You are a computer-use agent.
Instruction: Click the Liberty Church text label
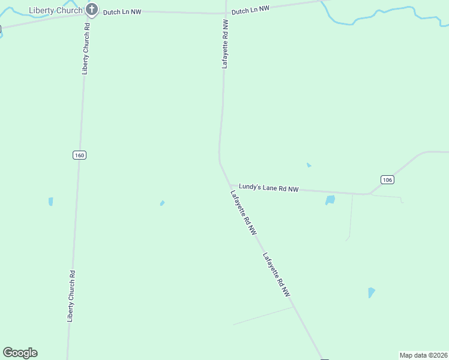pos(55,10)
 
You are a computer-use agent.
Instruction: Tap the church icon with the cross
pos(91,9)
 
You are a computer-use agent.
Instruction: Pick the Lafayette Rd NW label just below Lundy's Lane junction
pos(244,212)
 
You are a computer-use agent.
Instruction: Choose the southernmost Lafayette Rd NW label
pos(277,275)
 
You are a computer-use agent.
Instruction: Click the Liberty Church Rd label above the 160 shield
pos(86,49)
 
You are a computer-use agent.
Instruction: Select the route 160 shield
pos(79,155)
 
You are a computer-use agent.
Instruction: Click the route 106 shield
pos(387,179)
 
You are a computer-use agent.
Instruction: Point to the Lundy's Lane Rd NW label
pos(268,188)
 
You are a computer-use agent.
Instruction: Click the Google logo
pos(20,353)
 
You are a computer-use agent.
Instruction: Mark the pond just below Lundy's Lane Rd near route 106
pos(330,200)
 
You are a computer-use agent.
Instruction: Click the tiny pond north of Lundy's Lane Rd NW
pos(309,165)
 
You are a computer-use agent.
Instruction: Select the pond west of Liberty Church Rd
pos(50,202)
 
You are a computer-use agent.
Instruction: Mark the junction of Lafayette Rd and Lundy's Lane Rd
pos(230,185)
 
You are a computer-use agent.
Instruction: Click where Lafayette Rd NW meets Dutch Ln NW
pos(226,13)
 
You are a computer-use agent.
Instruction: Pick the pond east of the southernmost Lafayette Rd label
pos(372,293)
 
